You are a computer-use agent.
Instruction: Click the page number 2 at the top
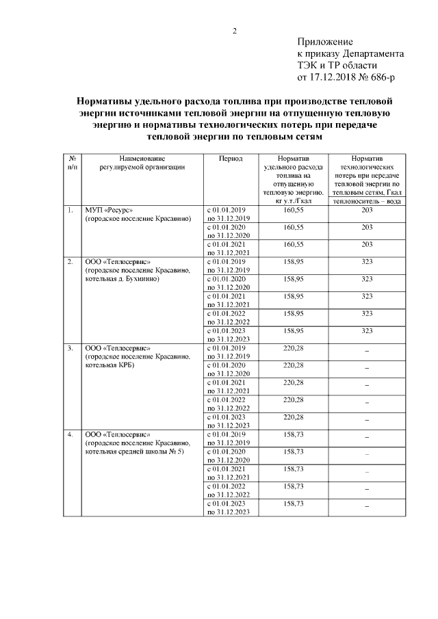click(234, 31)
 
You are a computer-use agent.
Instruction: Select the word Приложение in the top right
click(324, 42)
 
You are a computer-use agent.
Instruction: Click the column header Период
click(230, 157)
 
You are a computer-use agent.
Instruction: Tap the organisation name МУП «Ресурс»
click(109, 210)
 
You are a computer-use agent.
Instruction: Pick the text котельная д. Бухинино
click(122, 279)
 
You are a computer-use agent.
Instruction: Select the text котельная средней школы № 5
click(135, 452)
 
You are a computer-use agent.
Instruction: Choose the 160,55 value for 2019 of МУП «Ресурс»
click(293, 210)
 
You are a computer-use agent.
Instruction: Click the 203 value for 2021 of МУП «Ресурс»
click(367, 244)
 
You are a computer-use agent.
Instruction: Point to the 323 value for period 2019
click(367, 262)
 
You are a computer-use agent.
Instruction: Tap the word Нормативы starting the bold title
click(103, 101)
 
